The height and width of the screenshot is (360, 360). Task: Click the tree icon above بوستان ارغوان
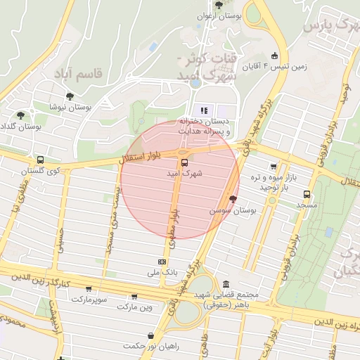coord(219,4)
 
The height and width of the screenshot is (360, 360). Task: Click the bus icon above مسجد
coord(307,194)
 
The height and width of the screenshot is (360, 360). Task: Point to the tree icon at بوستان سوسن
coord(233,199)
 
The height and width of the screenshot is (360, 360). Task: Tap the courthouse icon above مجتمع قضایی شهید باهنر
coord(226,284)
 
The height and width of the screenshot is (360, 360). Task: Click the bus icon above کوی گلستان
coord(40,160)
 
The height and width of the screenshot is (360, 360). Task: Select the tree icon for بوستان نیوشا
coord(70,96)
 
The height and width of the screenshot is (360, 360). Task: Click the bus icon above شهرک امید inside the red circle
coord(184,162)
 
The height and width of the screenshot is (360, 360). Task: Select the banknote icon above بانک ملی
coord(163,261)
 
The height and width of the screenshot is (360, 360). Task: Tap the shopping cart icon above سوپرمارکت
coord(88,288)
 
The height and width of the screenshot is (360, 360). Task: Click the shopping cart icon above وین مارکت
coord(134,297)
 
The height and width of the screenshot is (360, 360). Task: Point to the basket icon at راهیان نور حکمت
coord(150,335)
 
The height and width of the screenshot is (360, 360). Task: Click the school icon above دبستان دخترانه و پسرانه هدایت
coord(205,110)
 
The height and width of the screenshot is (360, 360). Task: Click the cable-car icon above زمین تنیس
coord(274,56)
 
